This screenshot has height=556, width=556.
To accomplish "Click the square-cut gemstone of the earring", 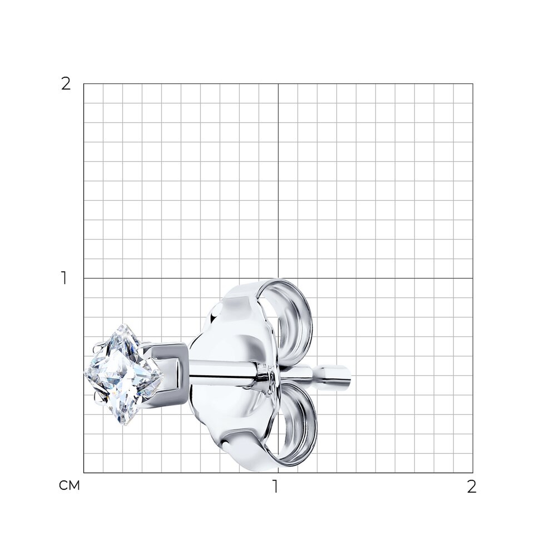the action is [x=124, y=375].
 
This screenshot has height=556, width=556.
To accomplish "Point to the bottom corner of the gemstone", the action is [x=124, y=425].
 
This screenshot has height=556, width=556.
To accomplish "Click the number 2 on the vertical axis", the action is [x=66, y=84].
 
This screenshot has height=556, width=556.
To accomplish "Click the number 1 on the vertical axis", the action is [x=64, y=278].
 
